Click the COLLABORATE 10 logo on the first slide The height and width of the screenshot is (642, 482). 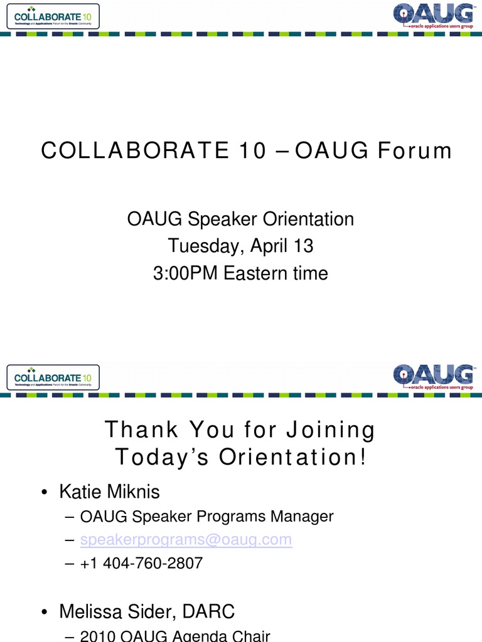coord(53,16)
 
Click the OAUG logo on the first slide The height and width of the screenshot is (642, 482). coord(433,16)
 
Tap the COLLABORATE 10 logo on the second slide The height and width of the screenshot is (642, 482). coord(53,377)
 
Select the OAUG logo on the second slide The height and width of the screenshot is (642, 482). coord(433,377)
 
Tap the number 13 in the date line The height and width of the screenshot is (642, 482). coord(299,246)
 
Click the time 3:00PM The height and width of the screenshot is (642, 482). coord(186,273)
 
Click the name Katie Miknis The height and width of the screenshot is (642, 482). coord(110,492)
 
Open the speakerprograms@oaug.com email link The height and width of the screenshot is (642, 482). coord(186,539)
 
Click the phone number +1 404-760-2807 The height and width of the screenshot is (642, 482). coord(141,563)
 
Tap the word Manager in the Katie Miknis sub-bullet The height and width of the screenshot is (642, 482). coord(302,517)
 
